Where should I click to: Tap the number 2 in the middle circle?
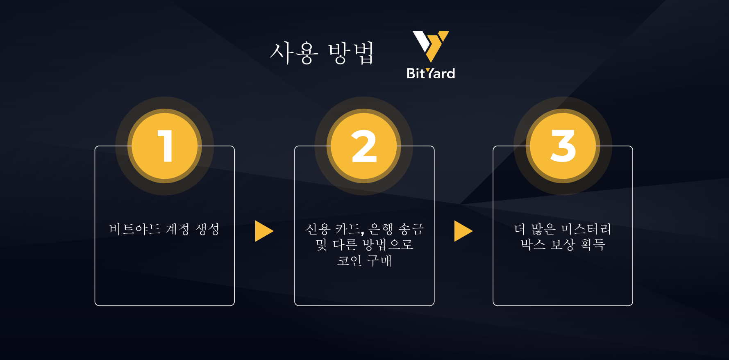click(364, 146)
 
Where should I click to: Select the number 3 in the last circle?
click(563, 146)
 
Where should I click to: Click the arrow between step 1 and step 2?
click(264, 231)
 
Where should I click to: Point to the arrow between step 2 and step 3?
click(463, 231)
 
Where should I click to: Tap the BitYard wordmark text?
click(431, 73)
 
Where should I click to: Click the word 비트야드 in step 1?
click(134, 229)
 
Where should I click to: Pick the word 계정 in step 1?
click(177, 229)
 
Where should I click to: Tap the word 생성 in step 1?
click(207, 229)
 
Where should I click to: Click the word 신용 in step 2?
click(318, 229)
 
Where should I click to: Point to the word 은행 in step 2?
click(381, 229)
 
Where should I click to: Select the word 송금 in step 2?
click(411, 229)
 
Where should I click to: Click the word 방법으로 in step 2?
click(388, 245)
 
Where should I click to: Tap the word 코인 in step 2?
click(349, 260)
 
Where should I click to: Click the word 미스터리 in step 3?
click(586, 229)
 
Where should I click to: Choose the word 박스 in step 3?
click(533, 245)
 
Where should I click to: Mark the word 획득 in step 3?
click(593, 245)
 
